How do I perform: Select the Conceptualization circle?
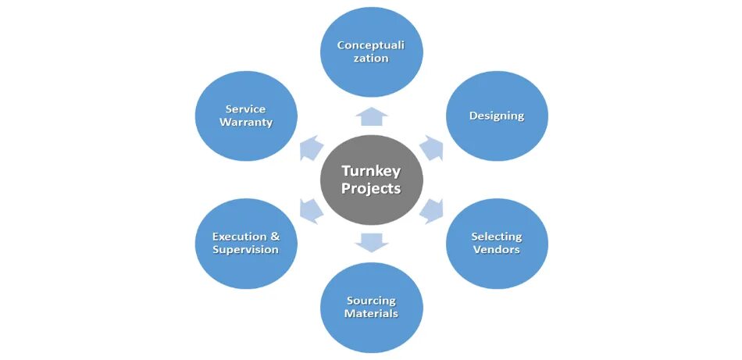pyautogui.click(x=372, y=52)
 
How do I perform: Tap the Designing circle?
pyautogui.click(x=497, y=116)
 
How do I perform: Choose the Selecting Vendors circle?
pyautogui.click(x=497, y=243)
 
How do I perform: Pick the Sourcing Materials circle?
pyautogui.click(x=372, y=307)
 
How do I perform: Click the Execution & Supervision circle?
pyautogui.click(x=246, y=243)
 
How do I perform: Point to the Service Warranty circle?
pyautogui.click(x=246, y=116)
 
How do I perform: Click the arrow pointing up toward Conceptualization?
pyautogui.click(x=372, y=116)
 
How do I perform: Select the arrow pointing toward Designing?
pyautogui.click(x=432, y=148)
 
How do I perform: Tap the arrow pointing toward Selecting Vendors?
pyautogui.click(x=432, y=211)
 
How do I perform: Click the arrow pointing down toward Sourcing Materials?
pyautogui.click(x=372, y=243)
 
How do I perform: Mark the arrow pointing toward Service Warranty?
pyautogui.click(x=312, y=148)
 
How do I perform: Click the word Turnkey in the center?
pyautogui.click(x=371, y=171)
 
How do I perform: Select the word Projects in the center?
pyautogui.click(x=371, y=189)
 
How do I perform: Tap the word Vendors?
pyautogui.click(x=497, y=250)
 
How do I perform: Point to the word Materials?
pyautogui.click(x=372, y=314)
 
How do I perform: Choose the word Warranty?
pyautogui.click(x=246, y=123)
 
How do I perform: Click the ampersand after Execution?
pyautogui.click(x=274, y=237)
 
